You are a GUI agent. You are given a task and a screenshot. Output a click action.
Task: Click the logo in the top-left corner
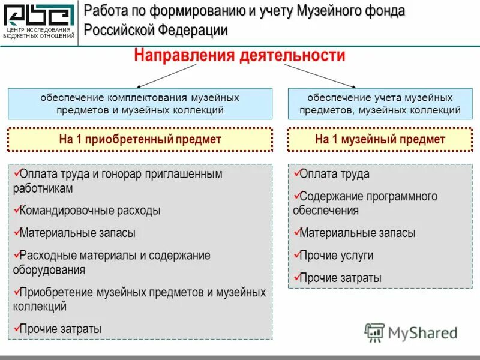click(39, 22)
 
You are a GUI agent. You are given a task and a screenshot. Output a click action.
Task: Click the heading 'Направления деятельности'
click(239, 56)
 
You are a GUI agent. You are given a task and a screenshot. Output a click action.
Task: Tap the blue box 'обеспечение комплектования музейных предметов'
click(140, 103)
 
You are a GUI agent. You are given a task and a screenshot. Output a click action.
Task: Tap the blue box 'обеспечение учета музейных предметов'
click(380, 103)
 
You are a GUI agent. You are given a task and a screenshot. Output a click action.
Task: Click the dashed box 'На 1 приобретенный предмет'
click(140, 140)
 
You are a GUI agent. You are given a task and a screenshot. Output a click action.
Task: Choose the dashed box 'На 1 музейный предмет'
click(380, 140)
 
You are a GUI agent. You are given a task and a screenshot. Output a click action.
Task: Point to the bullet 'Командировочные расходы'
click(90, 211)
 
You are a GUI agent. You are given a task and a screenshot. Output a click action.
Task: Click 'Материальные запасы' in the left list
click(77, 233)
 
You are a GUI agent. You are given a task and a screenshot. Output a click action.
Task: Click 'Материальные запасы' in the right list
click(357, 233)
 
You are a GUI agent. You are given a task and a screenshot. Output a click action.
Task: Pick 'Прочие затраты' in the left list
click(61, 329)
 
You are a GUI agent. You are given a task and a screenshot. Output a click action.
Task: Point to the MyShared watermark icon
click(374, 332)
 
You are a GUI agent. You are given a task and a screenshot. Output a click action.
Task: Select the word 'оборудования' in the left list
click(49, 270)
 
